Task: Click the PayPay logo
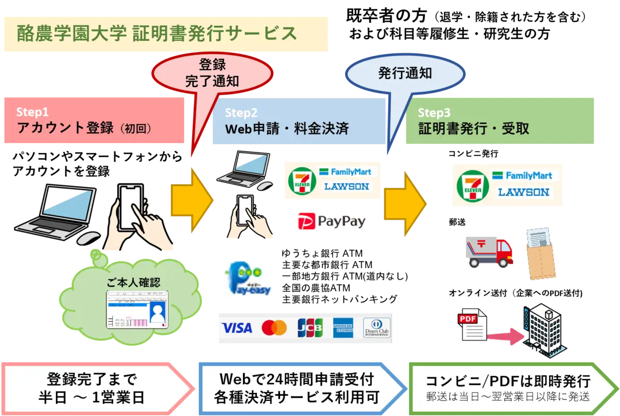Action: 332,222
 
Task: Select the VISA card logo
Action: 237,328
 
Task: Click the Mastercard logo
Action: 274,328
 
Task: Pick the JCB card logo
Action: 310,328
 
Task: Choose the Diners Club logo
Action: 376,328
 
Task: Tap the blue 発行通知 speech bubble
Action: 405,73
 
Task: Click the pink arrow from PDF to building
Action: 505,336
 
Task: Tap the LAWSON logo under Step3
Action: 523,192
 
